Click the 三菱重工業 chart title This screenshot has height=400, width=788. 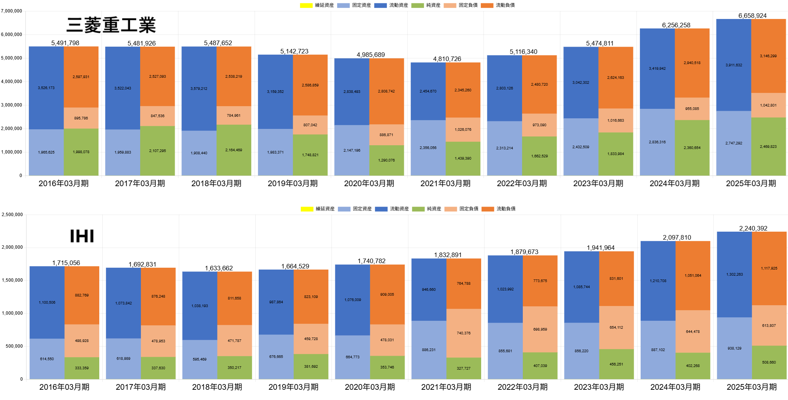point(111,25)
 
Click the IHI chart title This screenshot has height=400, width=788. point(82,236)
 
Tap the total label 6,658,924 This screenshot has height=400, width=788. point(752,16)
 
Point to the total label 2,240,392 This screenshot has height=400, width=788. point(753,228)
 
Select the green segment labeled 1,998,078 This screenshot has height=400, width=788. point(81,152)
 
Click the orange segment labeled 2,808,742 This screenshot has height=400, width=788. point(386,91)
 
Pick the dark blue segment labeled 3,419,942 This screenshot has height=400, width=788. point(657,69)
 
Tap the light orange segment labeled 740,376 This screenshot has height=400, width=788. point(464,333)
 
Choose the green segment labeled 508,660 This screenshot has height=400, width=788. point(769,362)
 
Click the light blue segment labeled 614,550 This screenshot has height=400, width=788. point(47,359)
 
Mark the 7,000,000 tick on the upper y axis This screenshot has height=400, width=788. point(12,11)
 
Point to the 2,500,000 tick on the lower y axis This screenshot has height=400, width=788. point(13,215)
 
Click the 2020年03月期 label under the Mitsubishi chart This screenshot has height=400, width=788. point(369,184)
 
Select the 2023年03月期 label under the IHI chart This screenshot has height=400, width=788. point(599,387)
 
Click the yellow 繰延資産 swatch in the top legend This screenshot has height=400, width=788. point(306,5)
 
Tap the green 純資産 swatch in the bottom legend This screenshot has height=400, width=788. point(418,209)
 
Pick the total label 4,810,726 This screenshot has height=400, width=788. point(447,59)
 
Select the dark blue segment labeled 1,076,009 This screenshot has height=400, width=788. point(353,300)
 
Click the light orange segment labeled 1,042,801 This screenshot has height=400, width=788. point(768,105)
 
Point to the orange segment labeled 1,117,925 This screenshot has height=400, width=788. point(769,268)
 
